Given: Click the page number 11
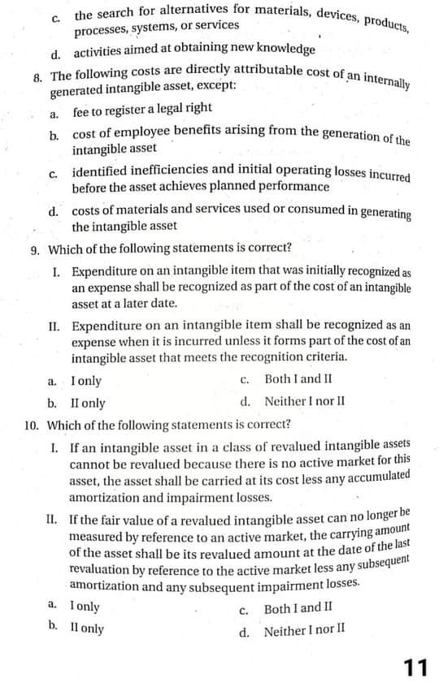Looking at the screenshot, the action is coord(415,667).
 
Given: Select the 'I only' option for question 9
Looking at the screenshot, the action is coord(85,381).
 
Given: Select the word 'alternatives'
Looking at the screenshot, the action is coord(189,12).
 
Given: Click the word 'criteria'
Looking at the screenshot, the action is coord(326,357).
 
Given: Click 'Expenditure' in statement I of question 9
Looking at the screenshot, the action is coord(102,270).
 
